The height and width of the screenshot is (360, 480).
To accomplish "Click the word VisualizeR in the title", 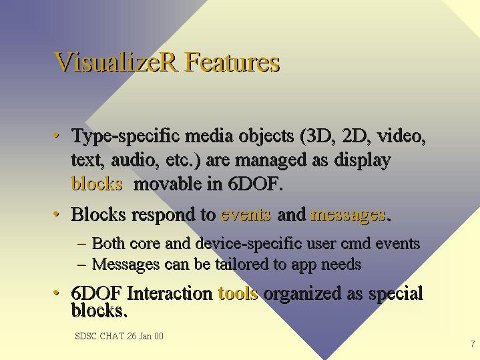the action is point(115,61).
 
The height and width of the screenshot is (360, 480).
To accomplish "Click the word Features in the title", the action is point(232,61).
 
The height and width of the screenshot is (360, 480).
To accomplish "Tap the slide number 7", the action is point(473,344).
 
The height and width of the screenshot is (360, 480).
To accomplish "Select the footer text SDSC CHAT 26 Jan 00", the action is point(119,336).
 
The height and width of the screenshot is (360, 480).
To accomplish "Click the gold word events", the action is point(246,214).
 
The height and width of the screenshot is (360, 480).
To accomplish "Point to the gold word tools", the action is point(238,293).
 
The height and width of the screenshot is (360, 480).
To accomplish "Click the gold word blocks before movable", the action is point(97,184).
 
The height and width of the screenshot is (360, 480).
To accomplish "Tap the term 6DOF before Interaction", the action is point(96,293).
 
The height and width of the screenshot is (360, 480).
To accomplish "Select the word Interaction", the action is point(170,293).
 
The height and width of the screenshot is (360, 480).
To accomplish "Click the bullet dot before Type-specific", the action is point(56,135).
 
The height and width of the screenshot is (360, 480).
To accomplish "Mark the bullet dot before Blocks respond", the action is point(56,214).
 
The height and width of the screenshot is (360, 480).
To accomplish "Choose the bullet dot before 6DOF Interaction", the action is point(56,293).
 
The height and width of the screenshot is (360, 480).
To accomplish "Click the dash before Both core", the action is point(81,244).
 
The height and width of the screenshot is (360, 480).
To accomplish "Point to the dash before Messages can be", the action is point(81,265).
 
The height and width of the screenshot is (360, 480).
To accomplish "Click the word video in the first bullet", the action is point(401,136).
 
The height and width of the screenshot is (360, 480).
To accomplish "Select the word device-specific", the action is point(248,244).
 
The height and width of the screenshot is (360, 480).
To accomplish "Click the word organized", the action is point(302,294).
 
